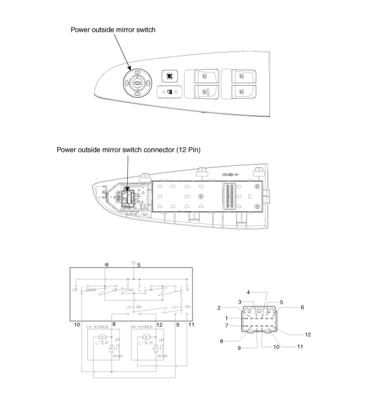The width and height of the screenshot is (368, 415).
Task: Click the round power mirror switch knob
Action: (x=137, y=83)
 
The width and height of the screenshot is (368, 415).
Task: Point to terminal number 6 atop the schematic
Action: (x=107, y=265)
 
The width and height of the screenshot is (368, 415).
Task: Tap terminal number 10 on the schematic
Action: (x=77, y=325)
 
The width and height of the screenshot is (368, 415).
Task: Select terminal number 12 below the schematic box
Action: (x=159, y=325)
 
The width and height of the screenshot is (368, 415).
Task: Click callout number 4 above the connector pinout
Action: (x=248, y=292)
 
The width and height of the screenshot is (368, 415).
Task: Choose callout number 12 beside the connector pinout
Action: (x=308, y=334)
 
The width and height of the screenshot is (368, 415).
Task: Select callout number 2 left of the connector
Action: (x=219, y=308)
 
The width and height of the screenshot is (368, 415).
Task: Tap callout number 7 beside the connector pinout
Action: (x=227, y=326)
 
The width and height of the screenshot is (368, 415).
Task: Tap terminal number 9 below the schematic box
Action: (x=178, y=325)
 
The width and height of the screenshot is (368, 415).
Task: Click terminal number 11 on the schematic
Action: (x=191, y=325)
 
